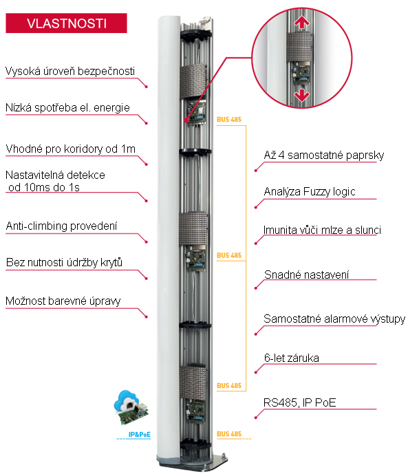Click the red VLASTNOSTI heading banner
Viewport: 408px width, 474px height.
click(x=66, y=23)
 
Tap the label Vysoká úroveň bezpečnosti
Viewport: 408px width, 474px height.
click(x=70, y=72)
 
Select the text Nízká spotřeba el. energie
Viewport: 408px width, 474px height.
click(x=67, y=108)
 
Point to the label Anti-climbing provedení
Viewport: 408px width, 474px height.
click(x=61, y=226)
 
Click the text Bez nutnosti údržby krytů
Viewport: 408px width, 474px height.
click(x=64, y=262)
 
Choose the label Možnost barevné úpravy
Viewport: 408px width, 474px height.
click(x=63, y=301)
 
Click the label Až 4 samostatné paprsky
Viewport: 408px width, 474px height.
click(x=323, y=155)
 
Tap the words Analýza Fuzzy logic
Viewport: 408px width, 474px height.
click(x=310, y=192)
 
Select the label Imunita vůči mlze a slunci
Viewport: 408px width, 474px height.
click(x=322, y=230)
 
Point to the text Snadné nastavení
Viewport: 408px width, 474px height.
click(x=306, y=274)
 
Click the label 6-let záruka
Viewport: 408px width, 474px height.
click(x=292, y=358)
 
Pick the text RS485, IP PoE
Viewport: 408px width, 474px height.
click(x=300, y=402)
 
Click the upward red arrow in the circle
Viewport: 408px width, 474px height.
click(x=302, y=22)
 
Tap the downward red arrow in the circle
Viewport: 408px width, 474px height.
click(x=302, y=95)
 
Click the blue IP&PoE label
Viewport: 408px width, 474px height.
click(x=139, y=434)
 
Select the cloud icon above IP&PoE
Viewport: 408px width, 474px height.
click(x=127, y=400)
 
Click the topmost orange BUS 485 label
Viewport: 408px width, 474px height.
click(x=229, y=120)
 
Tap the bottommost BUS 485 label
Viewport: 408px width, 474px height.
click(x=229, y=434)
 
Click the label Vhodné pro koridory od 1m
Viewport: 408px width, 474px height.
click(x=70, y=149)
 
